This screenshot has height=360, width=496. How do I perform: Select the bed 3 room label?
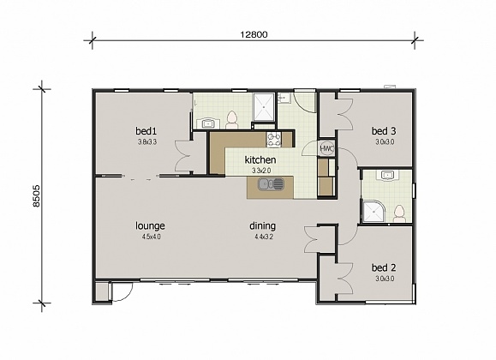point(383,130)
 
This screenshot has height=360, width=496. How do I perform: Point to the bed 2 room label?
point(384,267)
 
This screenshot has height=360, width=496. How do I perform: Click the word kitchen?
point(260,160)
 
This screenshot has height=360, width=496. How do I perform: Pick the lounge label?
point(150,226)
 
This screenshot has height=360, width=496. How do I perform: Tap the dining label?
point(263,226)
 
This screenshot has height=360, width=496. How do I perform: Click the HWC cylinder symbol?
point(326,148)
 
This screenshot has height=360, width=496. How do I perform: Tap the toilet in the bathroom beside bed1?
point(231,118)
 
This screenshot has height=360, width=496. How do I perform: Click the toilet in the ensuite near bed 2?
point(399,212)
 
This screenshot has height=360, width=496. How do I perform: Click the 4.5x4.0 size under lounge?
point(150,237)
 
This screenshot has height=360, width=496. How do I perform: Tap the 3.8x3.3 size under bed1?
point(146,141)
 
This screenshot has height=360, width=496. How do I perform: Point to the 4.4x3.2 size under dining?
point(263,237)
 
